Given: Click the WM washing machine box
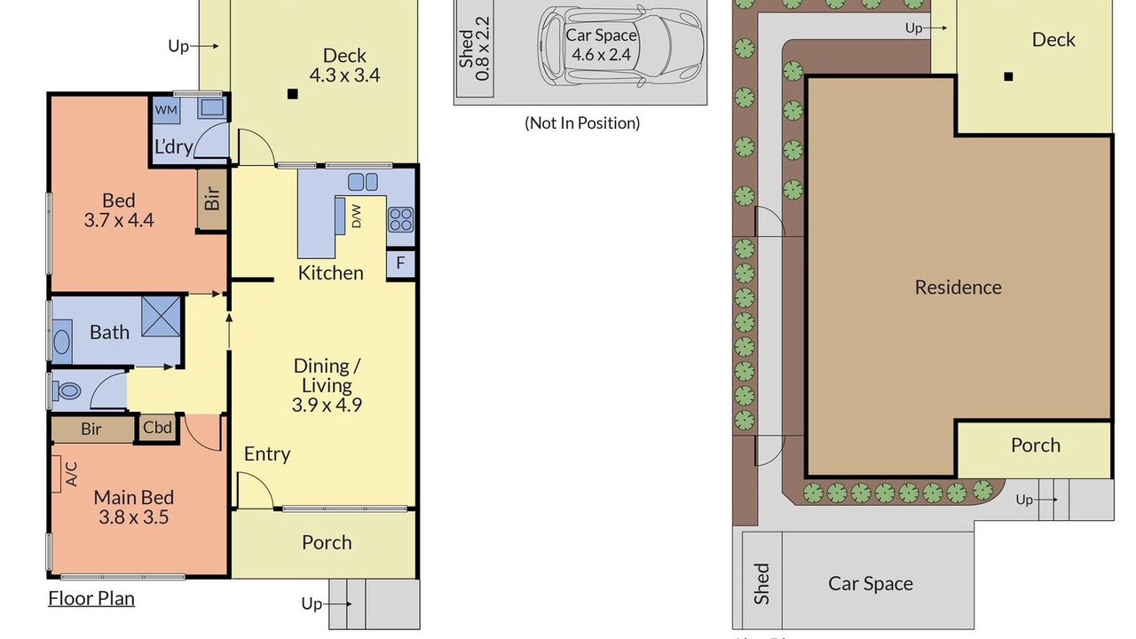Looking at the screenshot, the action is (x=166, y=110).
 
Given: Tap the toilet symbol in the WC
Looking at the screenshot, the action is (x=67, y=391).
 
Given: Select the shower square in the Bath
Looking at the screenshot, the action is (x=162, y=317).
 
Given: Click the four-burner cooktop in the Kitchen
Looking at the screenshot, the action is (x=400, y=219).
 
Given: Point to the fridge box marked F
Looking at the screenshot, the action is (x=400, y=264).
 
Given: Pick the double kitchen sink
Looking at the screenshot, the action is (x=363, y=182).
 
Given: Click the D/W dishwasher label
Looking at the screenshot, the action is (x=357, y=216).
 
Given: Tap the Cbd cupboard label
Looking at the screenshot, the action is (x=157, y=428).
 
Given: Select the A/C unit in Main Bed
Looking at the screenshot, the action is (x=56, y=474).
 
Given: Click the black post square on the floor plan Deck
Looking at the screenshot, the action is (x=293, y=94).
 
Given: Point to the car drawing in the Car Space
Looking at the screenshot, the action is (x=620, y=46).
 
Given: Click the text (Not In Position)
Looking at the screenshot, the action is (x=582, y=122).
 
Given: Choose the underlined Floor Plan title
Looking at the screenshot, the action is (x=91, y=598).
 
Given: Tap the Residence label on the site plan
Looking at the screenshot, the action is (x=958, y=288).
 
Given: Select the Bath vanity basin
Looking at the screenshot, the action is (x=62, y=343).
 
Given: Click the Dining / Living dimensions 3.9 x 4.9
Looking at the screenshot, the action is (x=327, y=405).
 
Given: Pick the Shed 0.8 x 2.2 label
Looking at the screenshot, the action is (x=474, y=49).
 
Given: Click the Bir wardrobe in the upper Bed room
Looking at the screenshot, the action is (x=211, y=199).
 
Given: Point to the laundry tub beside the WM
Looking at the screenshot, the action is (x=212, y=107).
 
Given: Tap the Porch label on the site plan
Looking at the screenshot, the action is (x=1036, y=446).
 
